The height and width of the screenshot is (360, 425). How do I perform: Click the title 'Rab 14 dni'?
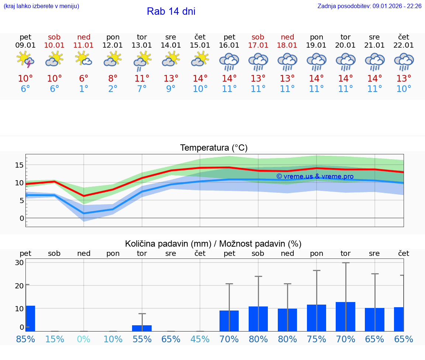pyautogui.click(x=171, y=11)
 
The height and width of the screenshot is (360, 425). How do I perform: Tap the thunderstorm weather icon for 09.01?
pyautogui.click(x=25, y=60)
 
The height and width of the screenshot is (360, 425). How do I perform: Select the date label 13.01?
pyautogui.click(x=142, y=45)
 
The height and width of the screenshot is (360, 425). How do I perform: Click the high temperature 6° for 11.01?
pyautogui.click(x=84, y=79)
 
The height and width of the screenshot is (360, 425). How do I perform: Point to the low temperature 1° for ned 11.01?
pyautogui.click(x=84, y=89)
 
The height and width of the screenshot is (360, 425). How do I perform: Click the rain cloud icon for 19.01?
pyautogui.click(x=317, y=61)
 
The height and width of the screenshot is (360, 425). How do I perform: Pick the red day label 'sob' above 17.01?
pyautogui.click(x=258, y=37)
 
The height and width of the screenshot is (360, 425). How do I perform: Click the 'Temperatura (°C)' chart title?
pyautogui.click(x=214, y=148)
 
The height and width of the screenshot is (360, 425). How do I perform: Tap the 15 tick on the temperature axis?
pyautogui.click(x=19, y=165)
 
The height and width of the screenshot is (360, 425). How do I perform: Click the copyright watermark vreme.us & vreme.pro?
pyautogui.click(x=315, y=176)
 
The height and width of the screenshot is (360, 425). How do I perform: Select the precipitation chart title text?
pyautogui.click(x=213, y=244)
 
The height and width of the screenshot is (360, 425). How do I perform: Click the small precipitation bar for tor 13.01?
pyautogui.click(x=142, y=328)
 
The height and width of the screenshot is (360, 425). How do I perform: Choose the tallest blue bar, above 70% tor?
pyautogui.click(x=346, y=316)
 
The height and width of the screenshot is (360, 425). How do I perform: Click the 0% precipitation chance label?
pyautogui.click(x=84, y=339)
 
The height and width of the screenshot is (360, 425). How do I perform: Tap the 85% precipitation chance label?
pyautogui.click(x=25, y=339)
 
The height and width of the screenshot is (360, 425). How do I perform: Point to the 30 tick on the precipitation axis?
pyautogui.click(x=19, y=263)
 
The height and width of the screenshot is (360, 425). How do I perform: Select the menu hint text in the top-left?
pyautogui.click(x=41, y=6)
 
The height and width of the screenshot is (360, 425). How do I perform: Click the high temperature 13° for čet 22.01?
pyautogui.click(x=404, y=79)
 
